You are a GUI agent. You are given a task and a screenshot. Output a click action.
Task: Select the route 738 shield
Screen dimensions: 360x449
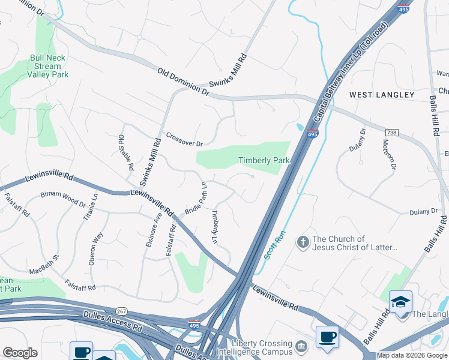point(392,131)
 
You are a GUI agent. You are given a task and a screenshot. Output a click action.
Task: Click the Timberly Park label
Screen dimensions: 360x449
point(264,160)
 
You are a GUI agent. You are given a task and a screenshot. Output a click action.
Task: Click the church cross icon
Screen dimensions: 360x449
point(304,242)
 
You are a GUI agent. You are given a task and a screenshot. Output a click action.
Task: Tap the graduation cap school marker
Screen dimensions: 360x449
point(400,301)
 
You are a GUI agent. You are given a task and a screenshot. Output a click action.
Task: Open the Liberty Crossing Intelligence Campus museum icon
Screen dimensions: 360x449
point(301,344)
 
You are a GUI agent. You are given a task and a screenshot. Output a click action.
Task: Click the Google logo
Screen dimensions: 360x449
point(20,353)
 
